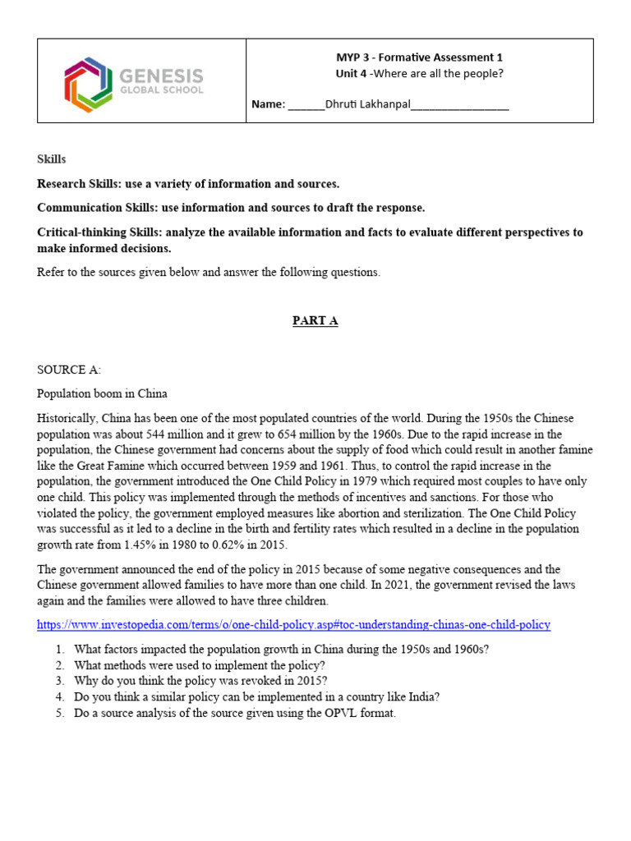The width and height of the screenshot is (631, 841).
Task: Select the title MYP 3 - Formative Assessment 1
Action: pyautogui.click(x=419, y=57)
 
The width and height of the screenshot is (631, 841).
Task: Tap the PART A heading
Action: pyautogui.click(x=315, y=321)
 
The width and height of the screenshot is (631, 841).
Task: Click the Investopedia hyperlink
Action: pyautogui.click(x=293, y=625)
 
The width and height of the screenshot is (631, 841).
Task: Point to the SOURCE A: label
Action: pyautogui.click(x=69, y=370)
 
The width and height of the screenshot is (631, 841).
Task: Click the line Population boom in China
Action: pyautogui.click(x=102, y=394)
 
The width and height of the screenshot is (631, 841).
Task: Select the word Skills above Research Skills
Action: pyautogui.click(x=51, y=159)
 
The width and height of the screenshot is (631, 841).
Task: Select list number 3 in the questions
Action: pyautogui.click(x=60, y=681)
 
